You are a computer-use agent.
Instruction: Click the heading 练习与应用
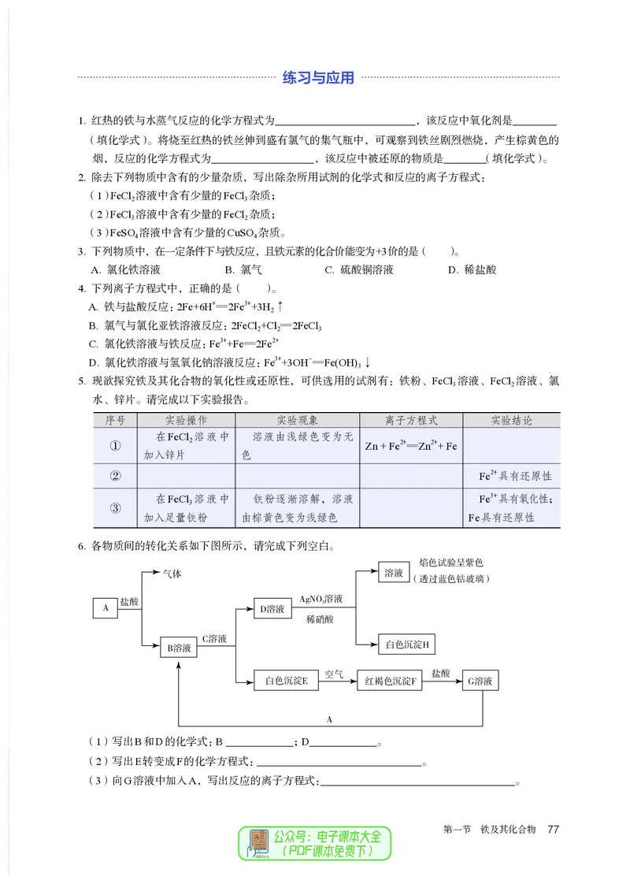pos(318,77)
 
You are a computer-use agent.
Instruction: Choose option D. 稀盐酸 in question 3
pos(472,269)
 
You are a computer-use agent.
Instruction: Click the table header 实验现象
pos(297,421)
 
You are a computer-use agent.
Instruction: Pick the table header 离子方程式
pos(411,421)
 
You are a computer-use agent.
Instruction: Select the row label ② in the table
pos(115,476)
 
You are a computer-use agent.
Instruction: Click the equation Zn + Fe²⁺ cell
pos(411,446)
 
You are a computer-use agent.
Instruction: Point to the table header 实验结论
pos(511,421)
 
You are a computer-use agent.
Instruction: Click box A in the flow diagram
pos(105,607)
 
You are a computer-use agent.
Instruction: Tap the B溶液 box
pos(179,648)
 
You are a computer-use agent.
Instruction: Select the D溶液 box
pos(272,608)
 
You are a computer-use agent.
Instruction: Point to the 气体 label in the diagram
pos(172,574)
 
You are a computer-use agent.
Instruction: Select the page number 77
pos(553,829)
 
